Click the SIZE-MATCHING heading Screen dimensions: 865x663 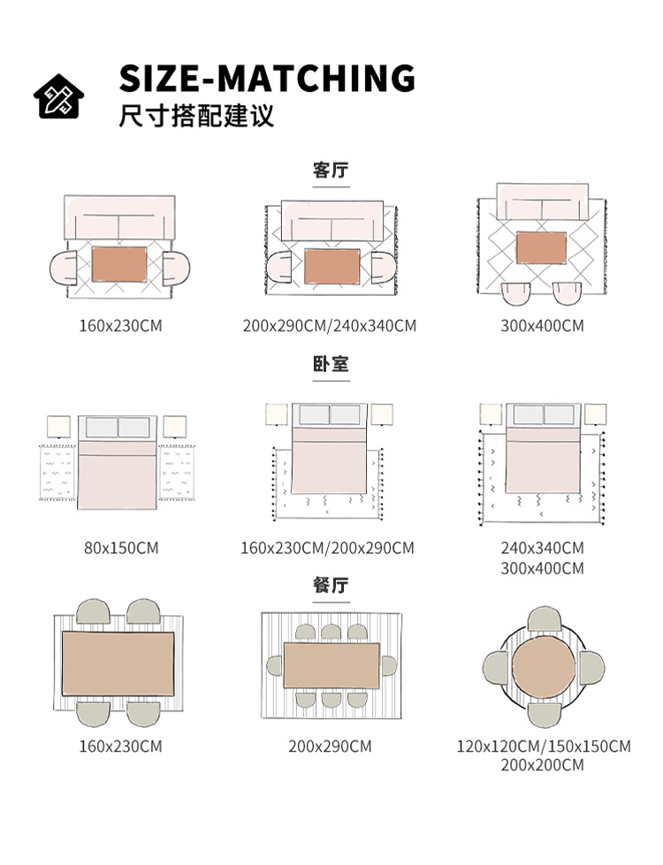coord(267,78)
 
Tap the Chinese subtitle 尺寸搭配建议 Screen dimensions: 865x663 coord(196,116)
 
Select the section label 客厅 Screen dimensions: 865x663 coord(331,170)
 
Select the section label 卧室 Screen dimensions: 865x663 coord(331,364)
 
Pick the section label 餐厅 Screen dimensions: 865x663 coord(331,585)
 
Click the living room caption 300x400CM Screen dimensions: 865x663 coord(542,326)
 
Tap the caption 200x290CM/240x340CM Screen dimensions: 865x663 coord(330,326)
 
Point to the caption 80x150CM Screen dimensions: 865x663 coord(121,548)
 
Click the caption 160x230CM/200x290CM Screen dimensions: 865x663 coord(327,548)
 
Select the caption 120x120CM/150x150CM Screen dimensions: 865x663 coord(544,747)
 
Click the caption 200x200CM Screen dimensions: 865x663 coord(542,765)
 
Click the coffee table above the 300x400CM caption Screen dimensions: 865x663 coord(541,247)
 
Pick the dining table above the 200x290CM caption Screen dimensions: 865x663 coord(331,665)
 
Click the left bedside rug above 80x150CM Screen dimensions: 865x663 coord(59,472)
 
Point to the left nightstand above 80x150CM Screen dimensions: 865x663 coord(59,426)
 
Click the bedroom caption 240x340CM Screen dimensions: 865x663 coord(542,548)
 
